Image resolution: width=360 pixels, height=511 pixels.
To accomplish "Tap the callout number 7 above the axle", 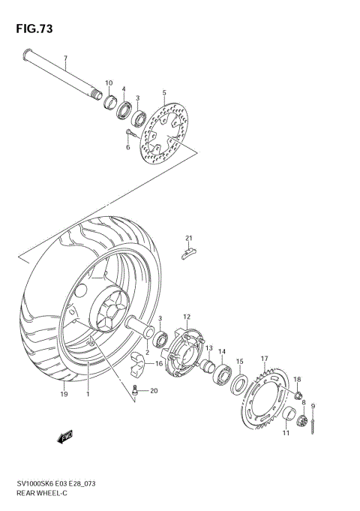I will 65,59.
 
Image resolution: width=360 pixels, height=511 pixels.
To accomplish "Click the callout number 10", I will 109,83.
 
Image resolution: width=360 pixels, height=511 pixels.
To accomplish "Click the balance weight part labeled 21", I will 190,251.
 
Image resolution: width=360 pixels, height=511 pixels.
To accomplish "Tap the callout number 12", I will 187,317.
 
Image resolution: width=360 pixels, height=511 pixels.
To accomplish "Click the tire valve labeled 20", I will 135,390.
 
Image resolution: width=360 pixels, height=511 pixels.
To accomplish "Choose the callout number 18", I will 297,380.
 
